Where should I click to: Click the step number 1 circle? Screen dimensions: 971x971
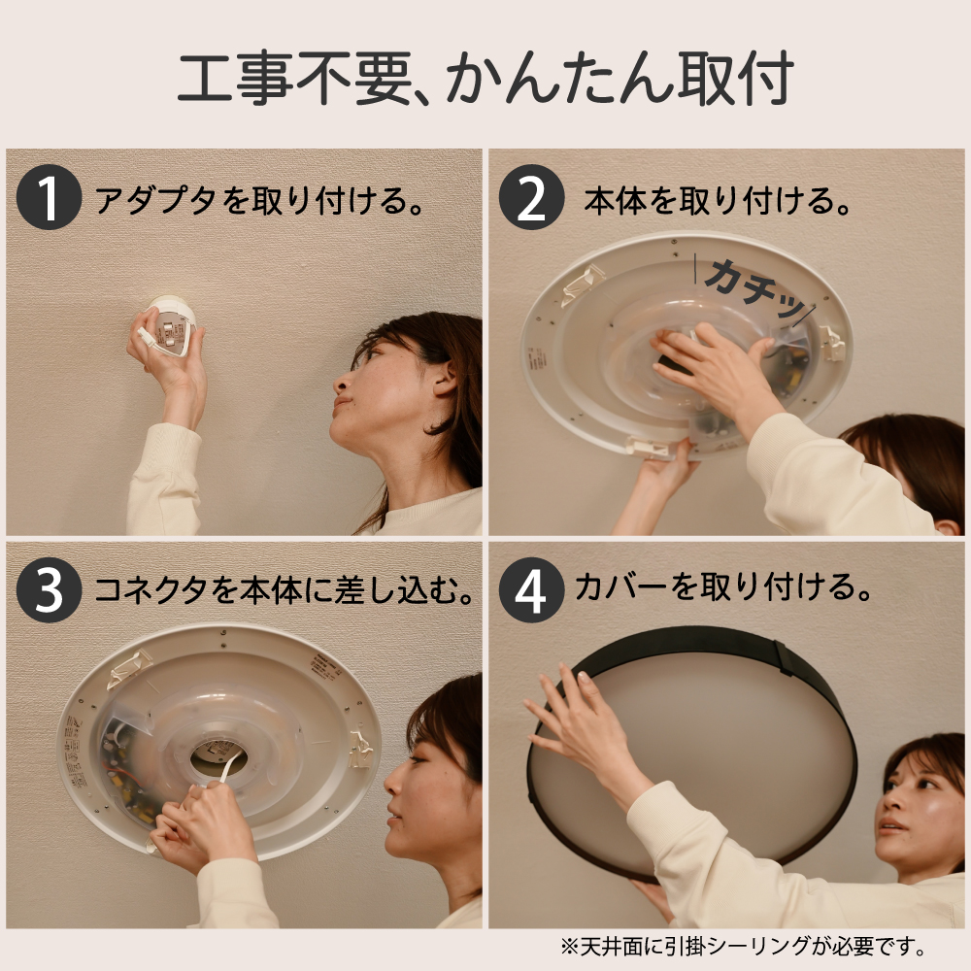(49, 197)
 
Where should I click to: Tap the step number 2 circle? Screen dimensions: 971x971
(531, 197)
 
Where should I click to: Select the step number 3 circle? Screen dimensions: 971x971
(49, 589)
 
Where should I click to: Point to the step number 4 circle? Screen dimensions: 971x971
(531, 589)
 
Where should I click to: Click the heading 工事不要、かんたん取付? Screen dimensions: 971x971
(485, 78)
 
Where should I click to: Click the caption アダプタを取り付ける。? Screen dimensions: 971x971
(260, 199)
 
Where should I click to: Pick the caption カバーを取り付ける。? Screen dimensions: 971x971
(722, 586)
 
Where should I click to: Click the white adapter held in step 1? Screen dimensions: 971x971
(170, 325)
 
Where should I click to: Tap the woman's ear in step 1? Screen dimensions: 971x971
(445, 379)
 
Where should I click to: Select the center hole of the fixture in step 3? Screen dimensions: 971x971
(218, 756)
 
